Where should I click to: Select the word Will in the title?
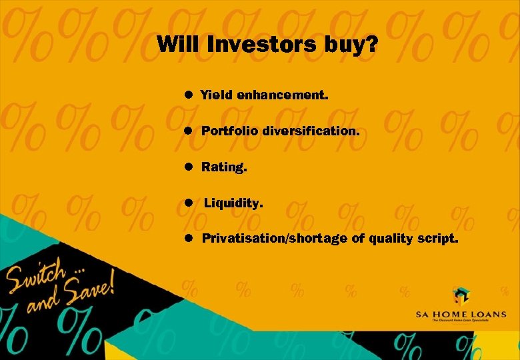click(178, 45)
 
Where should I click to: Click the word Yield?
click(217, 95)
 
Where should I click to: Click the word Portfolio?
click(230, 131)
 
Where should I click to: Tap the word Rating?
click(224, 167)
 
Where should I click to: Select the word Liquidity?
click(233, 203)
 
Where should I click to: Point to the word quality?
click(388, 239)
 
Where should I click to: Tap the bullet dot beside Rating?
click(189, 167)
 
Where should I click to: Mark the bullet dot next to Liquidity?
click(189, 202)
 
